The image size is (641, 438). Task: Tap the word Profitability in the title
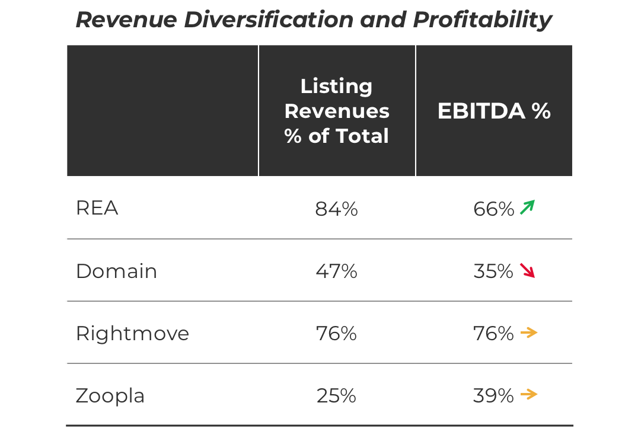(x=482, y=20)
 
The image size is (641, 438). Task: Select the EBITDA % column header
(x=494, y=111)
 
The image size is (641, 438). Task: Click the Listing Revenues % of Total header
(x=336, y=111)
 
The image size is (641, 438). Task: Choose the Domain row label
(x=117, y=271)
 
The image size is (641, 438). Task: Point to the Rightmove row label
(x=132, y=334)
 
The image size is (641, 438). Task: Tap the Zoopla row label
(x=110, y=396)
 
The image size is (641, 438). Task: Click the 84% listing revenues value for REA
(x=336, y=209)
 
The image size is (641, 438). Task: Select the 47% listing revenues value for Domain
(x=336, y=271)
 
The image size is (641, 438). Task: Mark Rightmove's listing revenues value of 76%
(x=336, y=334)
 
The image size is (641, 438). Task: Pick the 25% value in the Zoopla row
(x=336, y=396)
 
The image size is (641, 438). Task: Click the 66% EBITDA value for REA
(x=493, y=209)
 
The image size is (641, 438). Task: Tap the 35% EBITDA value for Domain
(x=493, y=271)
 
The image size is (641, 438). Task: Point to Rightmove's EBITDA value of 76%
(x=493, y=334)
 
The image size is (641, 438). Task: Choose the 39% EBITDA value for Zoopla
(x=493, y=396)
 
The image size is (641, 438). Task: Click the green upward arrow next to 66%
(x=527, y=207)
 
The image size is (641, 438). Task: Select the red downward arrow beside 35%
(x=527, y=270)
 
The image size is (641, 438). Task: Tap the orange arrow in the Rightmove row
(x=528, y=333)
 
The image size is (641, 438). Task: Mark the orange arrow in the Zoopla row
(x=528, y=395)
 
